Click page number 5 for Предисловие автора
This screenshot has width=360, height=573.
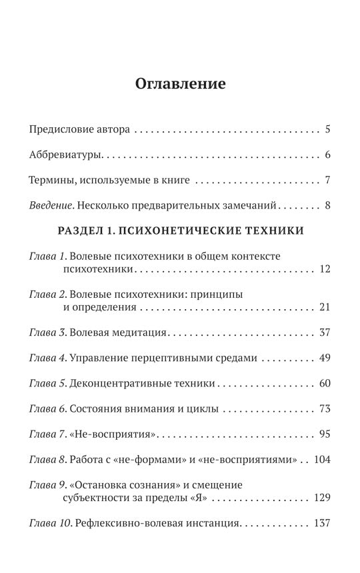coord(328,129)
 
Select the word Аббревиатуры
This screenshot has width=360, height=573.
coord(66,155)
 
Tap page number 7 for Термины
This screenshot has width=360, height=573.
coord(328,180)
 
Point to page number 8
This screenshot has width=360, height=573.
coord(328,206)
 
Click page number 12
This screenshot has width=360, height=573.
coord(325,269)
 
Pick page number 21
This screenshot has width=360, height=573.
coord(325,308)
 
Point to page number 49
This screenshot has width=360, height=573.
coord(325,358)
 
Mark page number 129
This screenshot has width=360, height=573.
coord(323,498)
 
